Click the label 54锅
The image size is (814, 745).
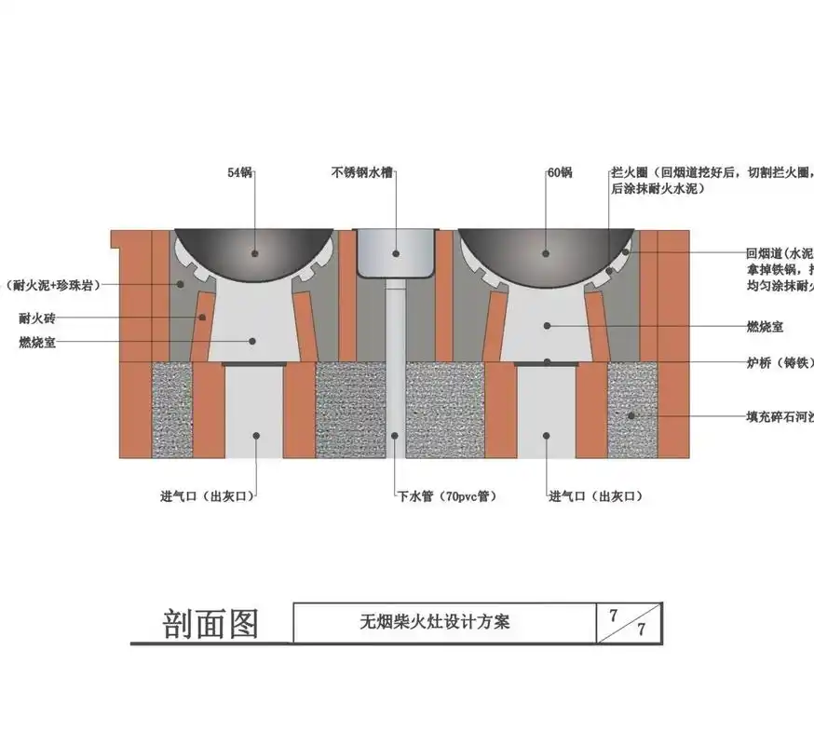tap(240, 172)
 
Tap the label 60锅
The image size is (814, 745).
tap(560, 172)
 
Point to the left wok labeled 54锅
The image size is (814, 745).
tap(252, 250)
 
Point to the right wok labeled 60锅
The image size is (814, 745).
tap(546, 250)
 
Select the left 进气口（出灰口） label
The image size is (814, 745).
tap(207, 496)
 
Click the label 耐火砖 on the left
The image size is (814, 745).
tap(37, 318)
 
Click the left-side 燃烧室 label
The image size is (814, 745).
tap(37, 342)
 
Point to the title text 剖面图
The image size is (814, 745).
tap(210, 623)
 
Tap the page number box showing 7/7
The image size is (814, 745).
tap(629, 622)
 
